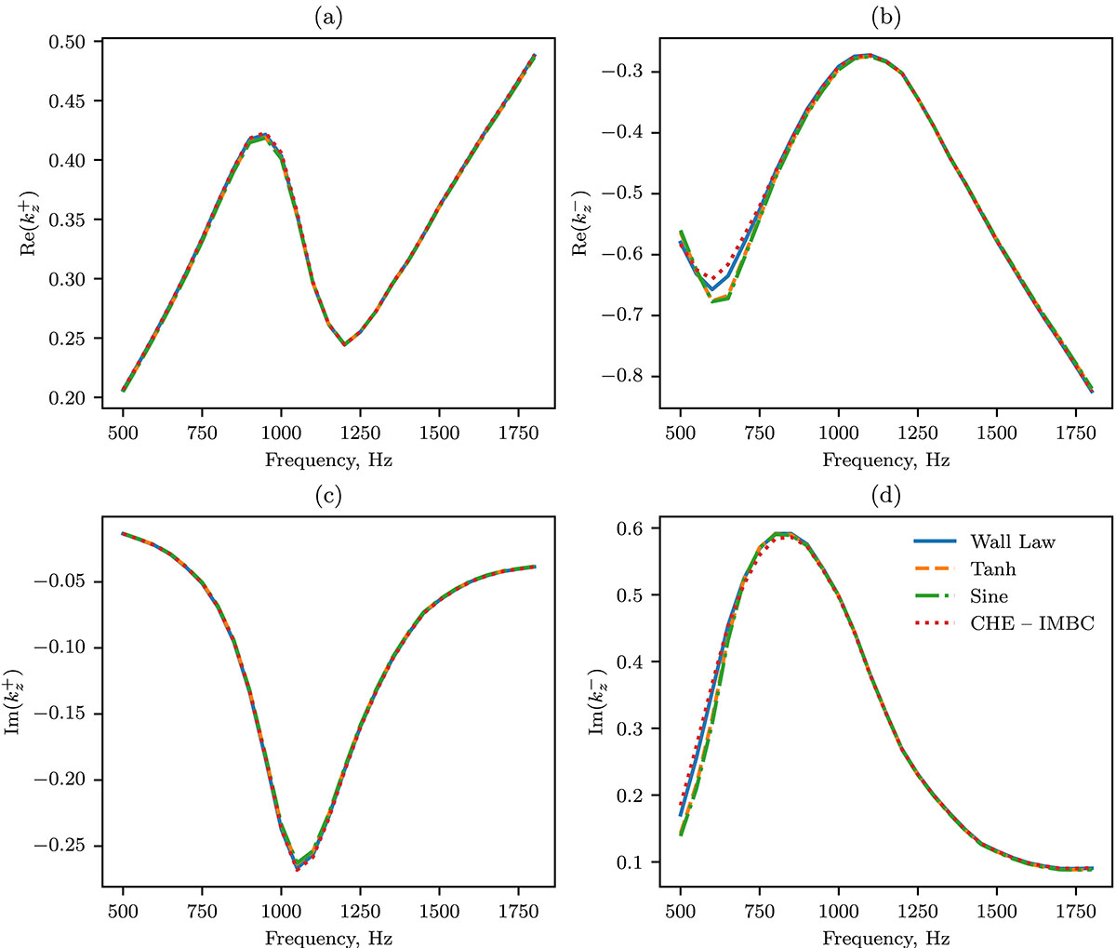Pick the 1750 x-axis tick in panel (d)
point(1075,915)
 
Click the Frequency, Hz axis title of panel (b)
point(887,460)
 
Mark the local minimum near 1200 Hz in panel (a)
point(344,345)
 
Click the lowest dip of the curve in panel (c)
point(297,870)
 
